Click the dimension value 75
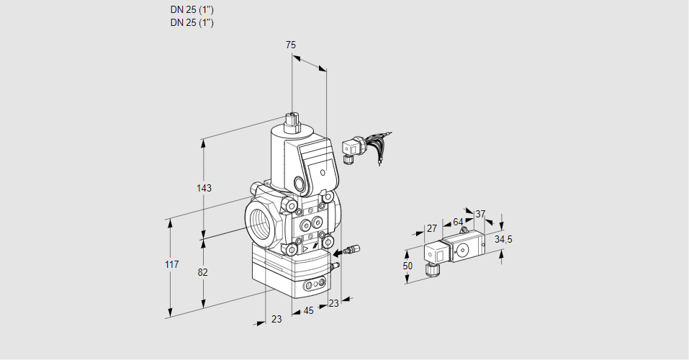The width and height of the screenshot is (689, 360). tap(290, 45)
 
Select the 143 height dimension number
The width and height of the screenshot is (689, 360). tap(204, 189)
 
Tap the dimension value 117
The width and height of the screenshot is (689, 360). tap(171, 266)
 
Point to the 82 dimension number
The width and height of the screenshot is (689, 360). tap(203, 272)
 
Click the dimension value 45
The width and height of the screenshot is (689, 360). tap(308, 311)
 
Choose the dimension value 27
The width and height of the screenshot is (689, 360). tap(431, 228)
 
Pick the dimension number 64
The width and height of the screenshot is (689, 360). tap(458, 222)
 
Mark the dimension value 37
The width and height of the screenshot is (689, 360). tap(480, 214)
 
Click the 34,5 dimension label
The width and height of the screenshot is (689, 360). tap(503, 239)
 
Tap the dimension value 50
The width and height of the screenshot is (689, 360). tap(407, 266)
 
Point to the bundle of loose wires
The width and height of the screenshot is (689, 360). tap(375, 144)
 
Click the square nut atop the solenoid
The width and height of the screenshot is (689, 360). tap(292, 119)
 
